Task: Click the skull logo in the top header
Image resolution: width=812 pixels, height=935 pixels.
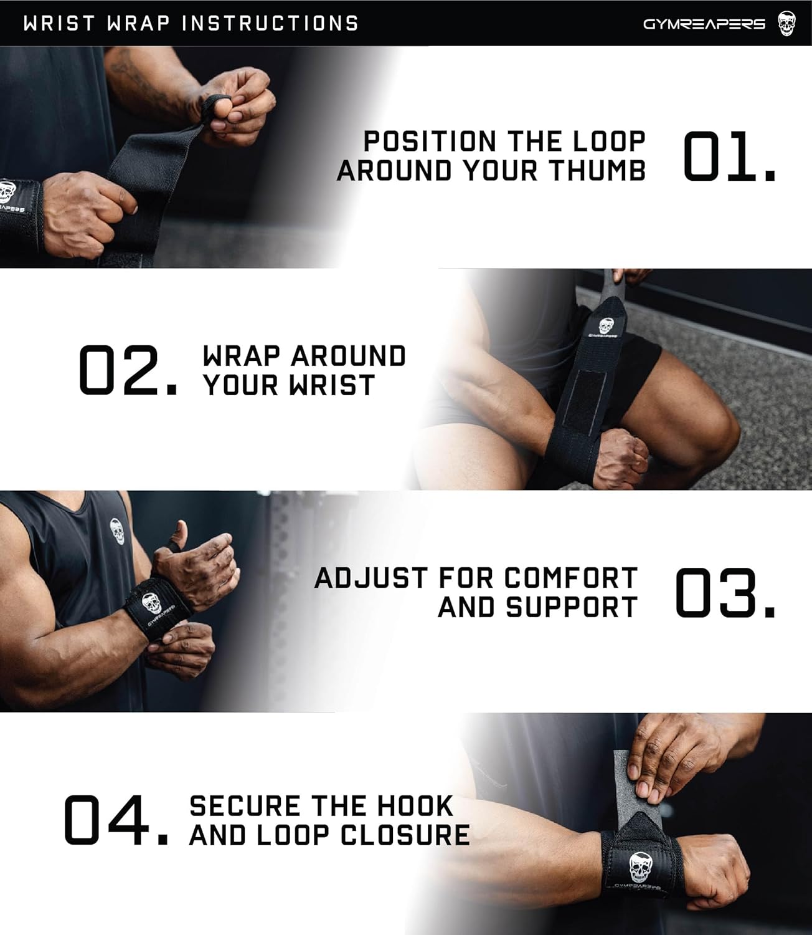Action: [786, 24]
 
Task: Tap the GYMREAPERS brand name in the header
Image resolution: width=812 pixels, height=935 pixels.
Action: [704, 24]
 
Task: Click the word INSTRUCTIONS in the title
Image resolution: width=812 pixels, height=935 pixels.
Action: [270, 24]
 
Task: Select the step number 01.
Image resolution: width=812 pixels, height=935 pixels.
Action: [729, 156]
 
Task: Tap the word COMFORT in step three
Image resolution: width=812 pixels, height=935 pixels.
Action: [570, 578]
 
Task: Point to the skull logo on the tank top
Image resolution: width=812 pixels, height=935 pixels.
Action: [117, 530]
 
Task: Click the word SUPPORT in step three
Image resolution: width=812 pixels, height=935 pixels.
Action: [572, 607]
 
